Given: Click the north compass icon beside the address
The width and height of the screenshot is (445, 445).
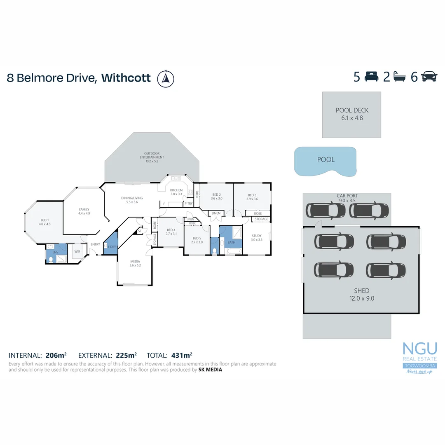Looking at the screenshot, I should point(166,78).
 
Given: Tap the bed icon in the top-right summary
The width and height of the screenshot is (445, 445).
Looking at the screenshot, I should point(372,77).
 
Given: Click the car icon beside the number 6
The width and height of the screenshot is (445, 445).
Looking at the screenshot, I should point(429,77).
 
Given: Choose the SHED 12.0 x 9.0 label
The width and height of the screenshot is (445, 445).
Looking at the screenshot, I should point(361,295).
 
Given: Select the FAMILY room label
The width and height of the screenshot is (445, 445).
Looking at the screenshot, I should point(84,211).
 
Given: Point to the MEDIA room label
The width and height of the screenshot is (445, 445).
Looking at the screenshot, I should point(135,263).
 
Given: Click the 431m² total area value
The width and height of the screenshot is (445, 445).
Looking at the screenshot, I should point(182,355).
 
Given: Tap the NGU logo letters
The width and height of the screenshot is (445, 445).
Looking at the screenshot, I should point(419,349).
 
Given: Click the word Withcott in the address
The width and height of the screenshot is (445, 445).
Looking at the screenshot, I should point(126,78).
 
